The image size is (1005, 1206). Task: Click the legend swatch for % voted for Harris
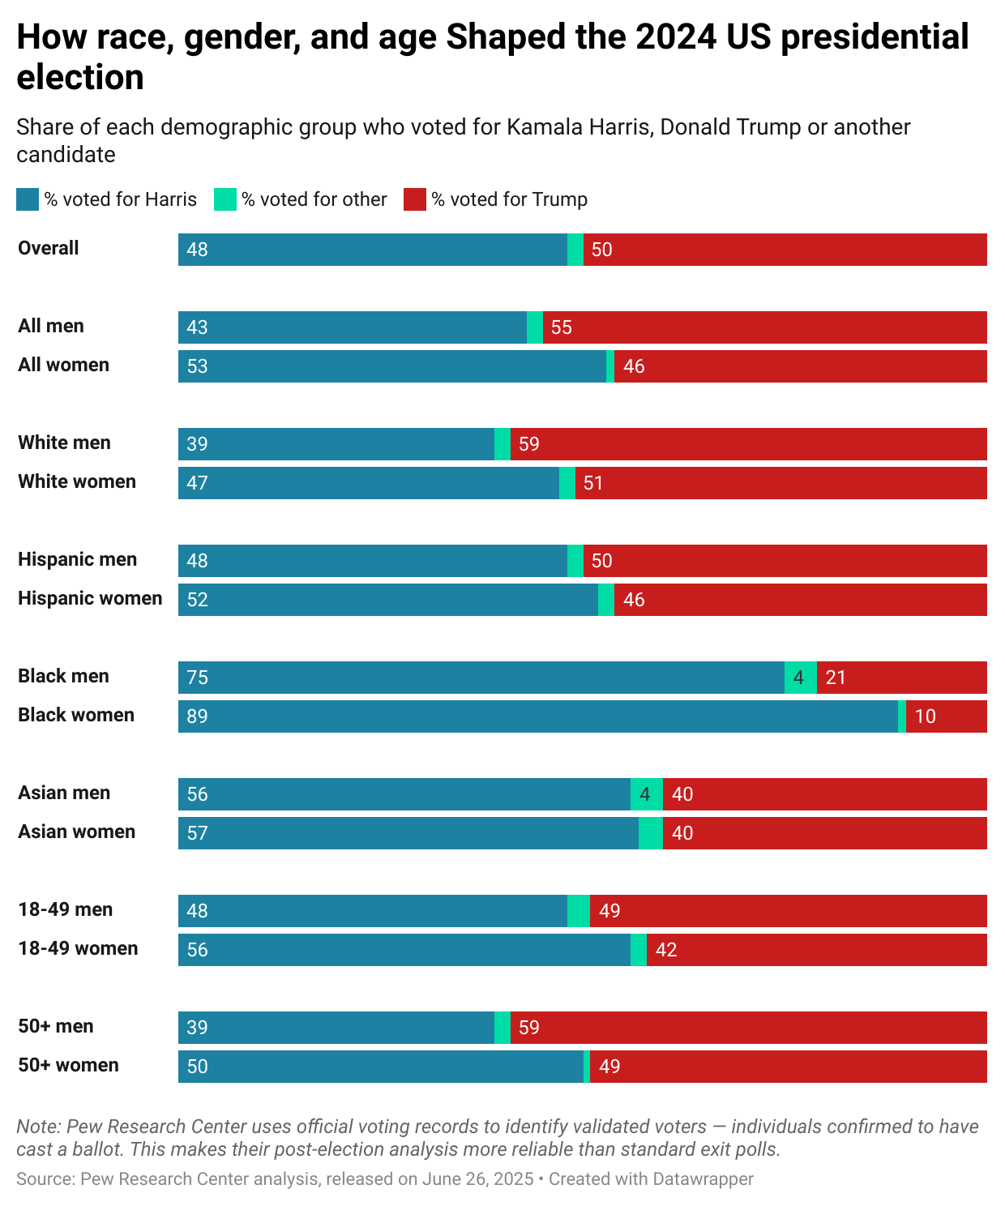[28, 199]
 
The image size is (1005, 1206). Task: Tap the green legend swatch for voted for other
[225, 199]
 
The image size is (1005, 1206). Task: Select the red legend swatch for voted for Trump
[415, 199]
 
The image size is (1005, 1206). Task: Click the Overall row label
[49, 248]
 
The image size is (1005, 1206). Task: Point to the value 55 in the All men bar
[562, 327]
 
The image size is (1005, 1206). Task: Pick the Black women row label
[76, 715]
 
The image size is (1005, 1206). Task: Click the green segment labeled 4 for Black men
[800, 678]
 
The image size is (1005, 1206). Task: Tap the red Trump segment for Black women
[946, 716]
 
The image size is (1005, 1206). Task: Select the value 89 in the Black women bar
[197, 716]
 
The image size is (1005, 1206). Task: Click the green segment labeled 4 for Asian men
[646, 794]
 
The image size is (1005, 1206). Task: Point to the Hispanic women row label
[90, 598]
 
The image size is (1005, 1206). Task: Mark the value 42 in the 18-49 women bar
[666, 950]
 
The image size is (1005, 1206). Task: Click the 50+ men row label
[56, 1026]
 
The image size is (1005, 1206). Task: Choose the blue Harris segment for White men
[336, 444]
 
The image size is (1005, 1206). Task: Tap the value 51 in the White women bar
[593, 483]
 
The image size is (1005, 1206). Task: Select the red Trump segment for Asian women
[824, 833]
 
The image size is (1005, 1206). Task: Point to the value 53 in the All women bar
[197, 366]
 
